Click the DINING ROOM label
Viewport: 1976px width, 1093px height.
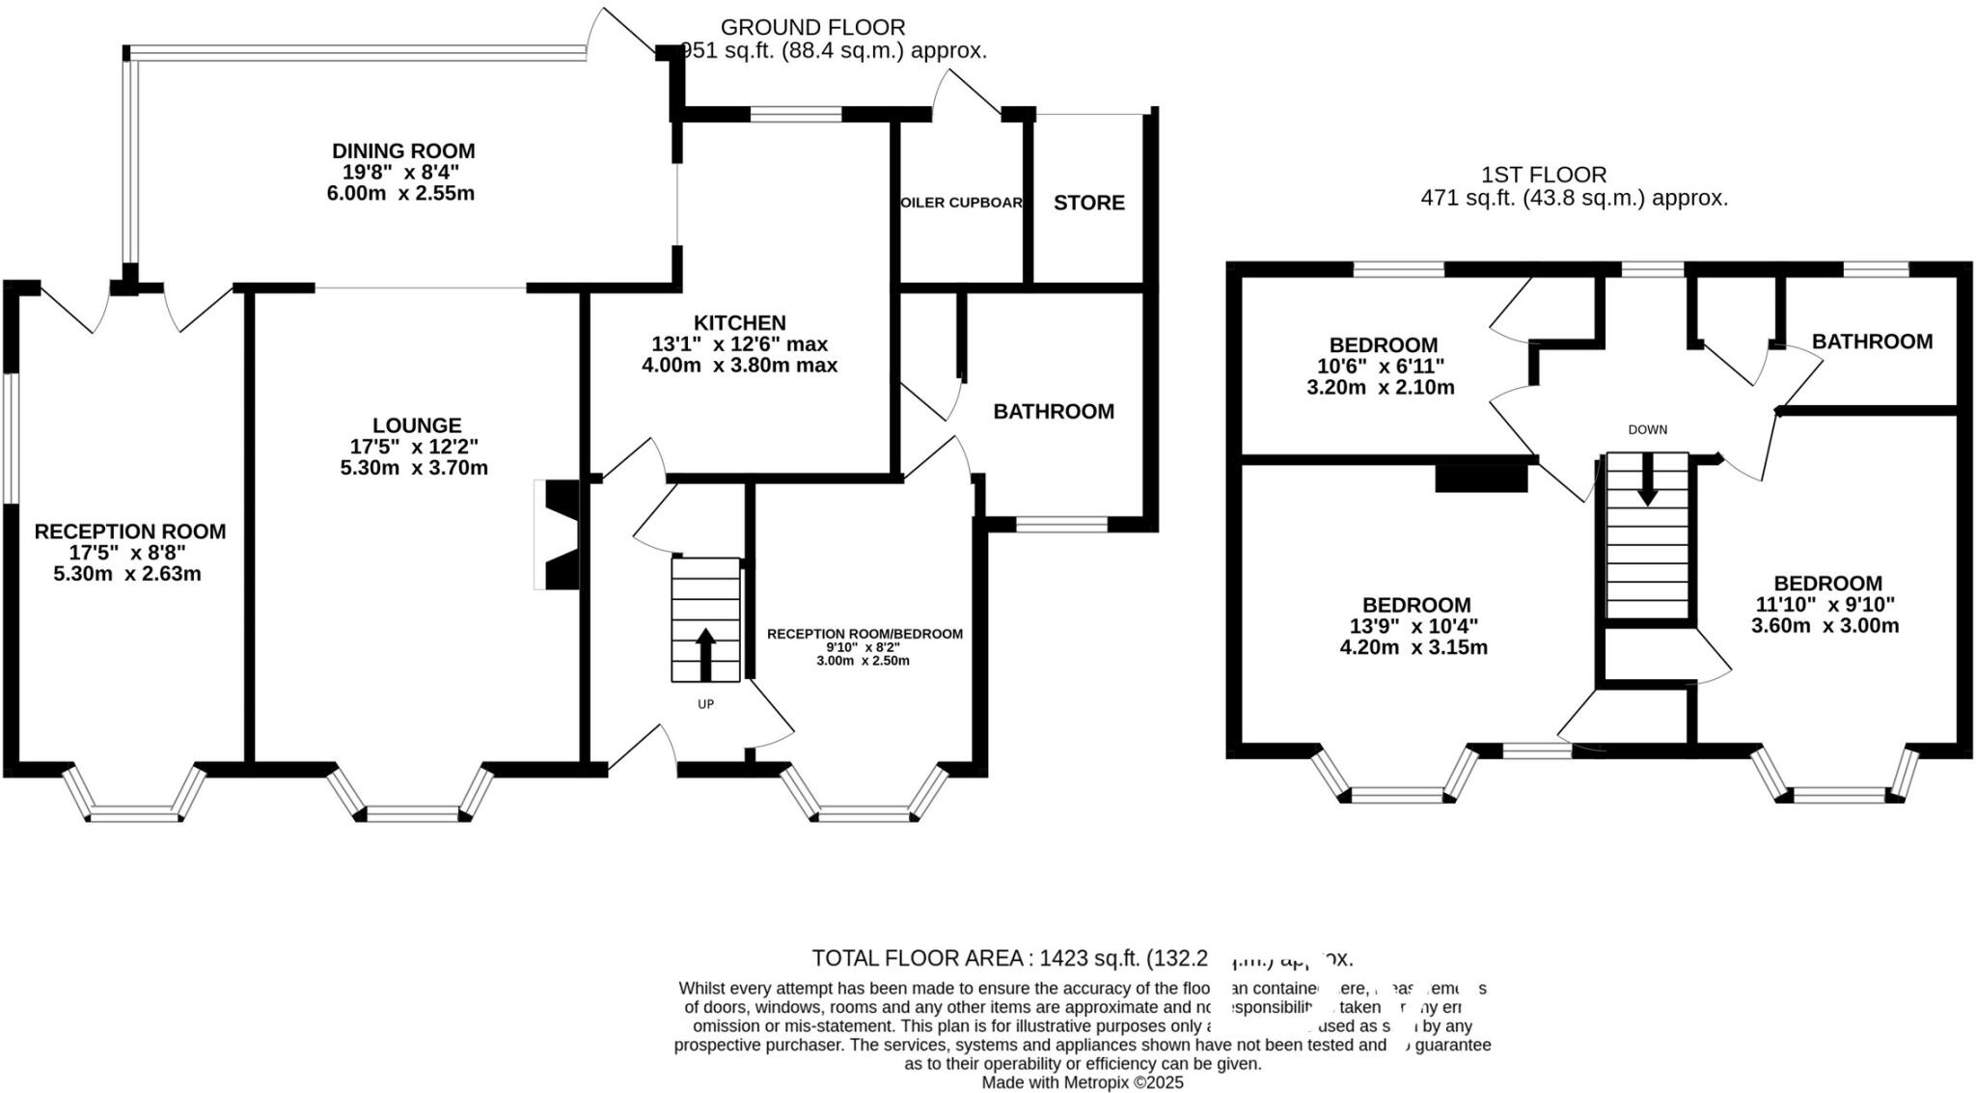pyautogui.click(x=402, y=150)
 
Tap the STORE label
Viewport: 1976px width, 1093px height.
pyautogui.click(x=1088, y=203)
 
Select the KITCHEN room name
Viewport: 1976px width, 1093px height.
pyautogui.click(x=739, y=322)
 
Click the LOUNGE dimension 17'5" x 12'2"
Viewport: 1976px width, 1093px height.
pyautogui.click(x=414, y=447)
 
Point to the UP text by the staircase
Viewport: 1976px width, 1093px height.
pyautogui.click(x=705, y=704)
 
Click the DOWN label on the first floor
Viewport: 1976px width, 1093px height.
pyautogui.click(x=1647, y=430)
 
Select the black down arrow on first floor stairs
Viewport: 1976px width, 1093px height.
pyautogui.click(x=1647, y=479)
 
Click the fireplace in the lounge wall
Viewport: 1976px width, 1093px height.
pyautogui.click(x=561, y=534)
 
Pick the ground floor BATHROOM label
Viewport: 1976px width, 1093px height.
pyautogui.click(x=1054, y=412)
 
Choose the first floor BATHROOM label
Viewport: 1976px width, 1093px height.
pyautogui.click(x=1872, y=342)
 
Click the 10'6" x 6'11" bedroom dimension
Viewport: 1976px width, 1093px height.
pyautogui.click(x=1383, y=367)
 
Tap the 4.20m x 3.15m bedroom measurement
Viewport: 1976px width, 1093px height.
pyautogui.click(x=1413, y=647)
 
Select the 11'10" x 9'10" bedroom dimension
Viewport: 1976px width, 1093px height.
pyautogui.click(x=1825, y=604)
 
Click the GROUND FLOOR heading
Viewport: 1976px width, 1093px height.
pyautogui.click(x=812, y=27)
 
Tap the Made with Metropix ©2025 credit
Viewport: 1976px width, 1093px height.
pyautogui.click(x=1082, y=1082)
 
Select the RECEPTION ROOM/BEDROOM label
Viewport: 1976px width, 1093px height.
pyautogui.click(x=864, y=634)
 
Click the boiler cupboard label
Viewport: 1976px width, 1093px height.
pyautogui.click(x=961, y=203)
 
